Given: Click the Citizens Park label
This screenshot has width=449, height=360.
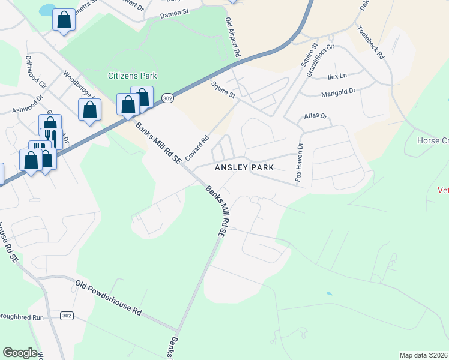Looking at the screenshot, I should click(x=132, y=76).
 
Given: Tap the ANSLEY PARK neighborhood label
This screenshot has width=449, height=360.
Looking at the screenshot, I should click(x=244, y=167).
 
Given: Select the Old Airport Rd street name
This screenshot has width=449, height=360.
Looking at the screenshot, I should click(x=232, y=37).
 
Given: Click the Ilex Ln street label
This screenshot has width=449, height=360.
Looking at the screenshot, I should click(x=337, y=77).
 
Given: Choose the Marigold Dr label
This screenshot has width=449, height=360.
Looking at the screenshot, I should click(x=339, y=92).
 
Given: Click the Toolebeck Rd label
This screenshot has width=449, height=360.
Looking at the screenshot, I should click(x=370, y=42).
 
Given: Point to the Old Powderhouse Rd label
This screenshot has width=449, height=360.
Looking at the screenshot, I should click(x=109, y=297).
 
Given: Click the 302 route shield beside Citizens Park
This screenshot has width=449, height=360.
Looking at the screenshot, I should click(x=168, y=98).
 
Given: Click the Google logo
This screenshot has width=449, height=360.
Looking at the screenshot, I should click(x=20, y=352).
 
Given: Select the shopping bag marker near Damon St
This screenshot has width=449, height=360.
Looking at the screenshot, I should click(x=64, y=21).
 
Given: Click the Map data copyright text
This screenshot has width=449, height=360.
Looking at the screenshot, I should click(x=423, y=355).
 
